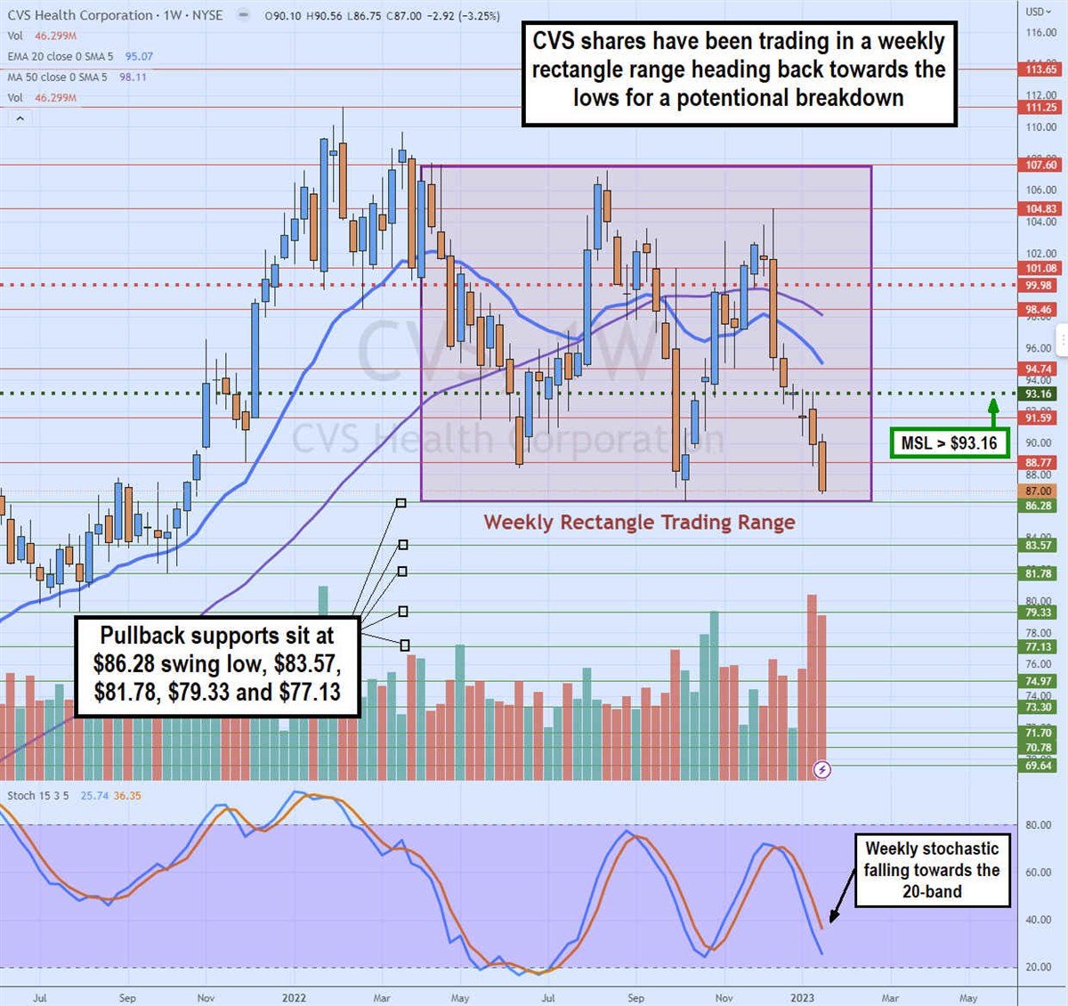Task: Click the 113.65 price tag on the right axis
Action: [x=1040, y=69]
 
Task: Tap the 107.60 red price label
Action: [x=1040, y=165]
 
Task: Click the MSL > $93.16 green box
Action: [x=949, y=442]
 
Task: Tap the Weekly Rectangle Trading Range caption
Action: [x=639, y=523]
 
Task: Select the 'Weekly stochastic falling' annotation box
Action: [x=932, y=870]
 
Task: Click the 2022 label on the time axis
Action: [x=294, y=998]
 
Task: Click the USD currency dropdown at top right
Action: [x=1038, y=12]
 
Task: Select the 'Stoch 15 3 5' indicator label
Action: [x=38, y=796]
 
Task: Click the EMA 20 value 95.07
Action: [x=139, y=56]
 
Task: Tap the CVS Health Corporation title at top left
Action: [x=80, y=15]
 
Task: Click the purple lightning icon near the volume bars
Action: [x=822, y=769]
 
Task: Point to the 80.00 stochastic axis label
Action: [x=1038, y=825]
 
